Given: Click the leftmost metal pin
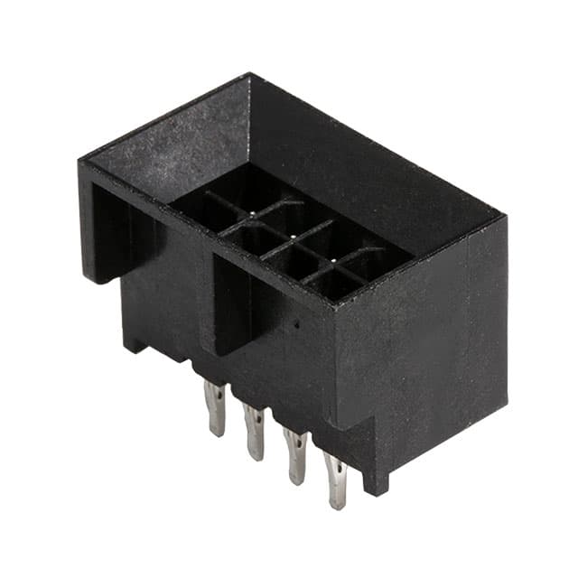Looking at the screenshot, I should tap(215, 407).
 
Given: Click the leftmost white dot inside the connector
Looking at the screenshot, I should tap(252, 215).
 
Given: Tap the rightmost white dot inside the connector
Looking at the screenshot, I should tap(333, 260).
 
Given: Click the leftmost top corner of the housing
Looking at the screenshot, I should tap(80, 163).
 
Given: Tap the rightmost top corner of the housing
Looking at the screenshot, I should tap(502, 217).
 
